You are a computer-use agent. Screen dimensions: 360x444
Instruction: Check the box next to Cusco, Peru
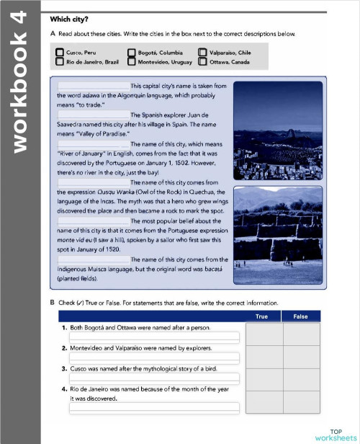pyautogui.click(x=60, y=53)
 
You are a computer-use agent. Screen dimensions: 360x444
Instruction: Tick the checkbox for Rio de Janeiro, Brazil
pyautogui.click(x=60, y=62)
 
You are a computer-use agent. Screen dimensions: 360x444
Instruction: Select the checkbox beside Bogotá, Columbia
pyautogui.click(x=131, y=53)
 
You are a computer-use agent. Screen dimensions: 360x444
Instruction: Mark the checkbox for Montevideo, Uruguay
pyautogui.click(x=131, y=62)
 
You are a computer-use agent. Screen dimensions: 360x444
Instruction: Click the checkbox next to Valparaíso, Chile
pyautogui.click(x=202, y=53)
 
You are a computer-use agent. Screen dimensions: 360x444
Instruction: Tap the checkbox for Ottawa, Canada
pyautogui.click(x=202, y=62)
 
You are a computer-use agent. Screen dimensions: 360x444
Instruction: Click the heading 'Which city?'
pyautogui.click(x=74, y=19)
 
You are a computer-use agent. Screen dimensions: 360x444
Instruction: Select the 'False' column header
pyautogui.click(x=301, y=316)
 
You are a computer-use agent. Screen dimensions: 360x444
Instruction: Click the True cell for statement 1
pyautogui.click(x=264, y=333)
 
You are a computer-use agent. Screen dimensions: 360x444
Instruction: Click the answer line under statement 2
pyautogui.click(x=154, y=358)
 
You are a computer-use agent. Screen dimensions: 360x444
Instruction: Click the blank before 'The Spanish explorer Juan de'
pyautogui.click(x=93, y=115)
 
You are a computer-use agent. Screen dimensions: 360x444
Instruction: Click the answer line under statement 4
pyautogui.click(x=154, y=408)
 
